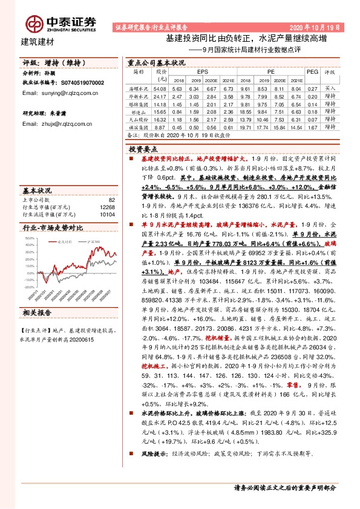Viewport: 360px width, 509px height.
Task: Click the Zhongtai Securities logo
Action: click(61, 23)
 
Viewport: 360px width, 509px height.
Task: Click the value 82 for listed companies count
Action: click(111, 199)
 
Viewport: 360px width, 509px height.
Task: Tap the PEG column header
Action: click(312, 71)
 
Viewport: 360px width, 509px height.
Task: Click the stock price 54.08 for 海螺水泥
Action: click(160, 88)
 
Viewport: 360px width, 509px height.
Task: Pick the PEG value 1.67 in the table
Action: click(312, 128)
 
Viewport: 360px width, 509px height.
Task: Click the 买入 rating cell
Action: click(330, 88)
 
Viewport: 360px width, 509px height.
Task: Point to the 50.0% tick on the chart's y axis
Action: click(30, 238)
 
